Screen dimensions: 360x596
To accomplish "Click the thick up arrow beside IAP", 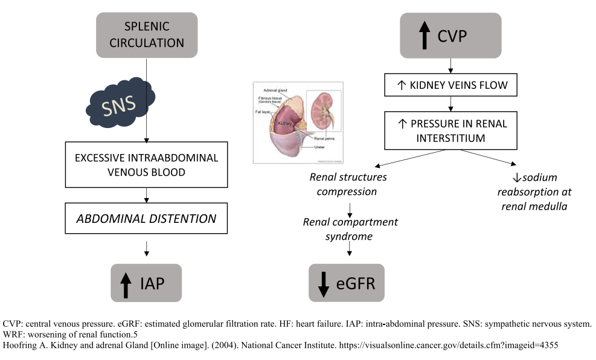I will tap(126, 283).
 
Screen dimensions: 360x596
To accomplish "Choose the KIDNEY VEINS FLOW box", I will tap(450, 86).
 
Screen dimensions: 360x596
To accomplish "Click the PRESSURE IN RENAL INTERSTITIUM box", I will tap(450, 131).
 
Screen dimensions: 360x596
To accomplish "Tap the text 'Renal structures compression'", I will tap(348, 184).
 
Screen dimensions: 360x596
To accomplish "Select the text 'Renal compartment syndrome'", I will tap(350, 229).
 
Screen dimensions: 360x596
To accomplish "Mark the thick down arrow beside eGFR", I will tap(324, 283).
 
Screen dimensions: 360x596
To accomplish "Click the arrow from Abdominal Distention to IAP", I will tap(147, 248).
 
